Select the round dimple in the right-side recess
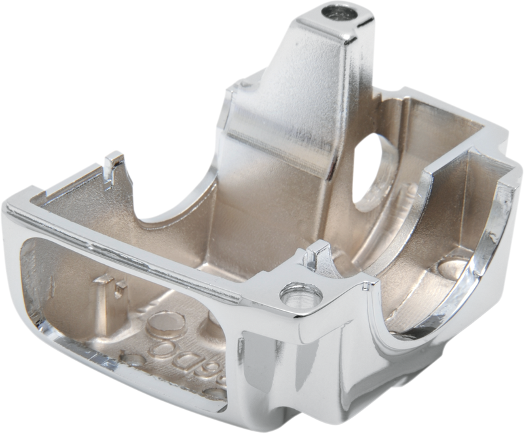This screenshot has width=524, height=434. (453, 265)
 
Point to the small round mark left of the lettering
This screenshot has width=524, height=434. (134, 360)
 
